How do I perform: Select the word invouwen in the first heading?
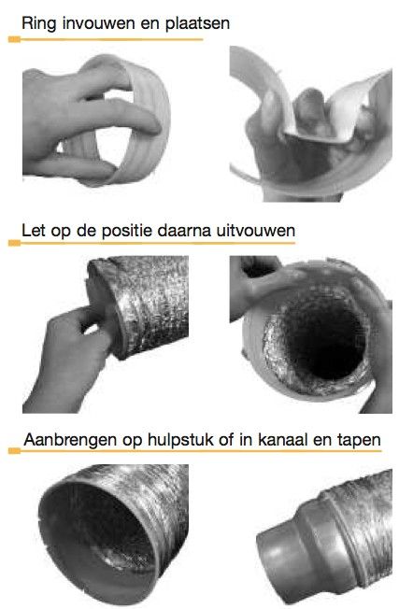[x=100, y=21]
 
